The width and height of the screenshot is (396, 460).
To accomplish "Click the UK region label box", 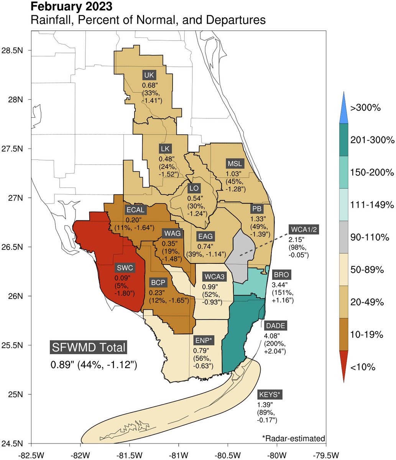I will pyautogui.click(x=149, y=75).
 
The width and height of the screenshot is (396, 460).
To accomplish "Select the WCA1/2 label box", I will pyautogui.click(x=303, y=230).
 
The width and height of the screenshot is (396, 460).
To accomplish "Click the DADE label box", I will pyautogui.click(x=275, y=326).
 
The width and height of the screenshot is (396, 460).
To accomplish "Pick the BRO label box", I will pyautogui.click(x=281, y=275).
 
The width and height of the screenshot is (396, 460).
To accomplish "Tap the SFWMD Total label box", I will pyautogui.click(x=89, y=347).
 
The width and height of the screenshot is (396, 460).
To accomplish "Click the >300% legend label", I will pyautogui.click(x=366, y=108).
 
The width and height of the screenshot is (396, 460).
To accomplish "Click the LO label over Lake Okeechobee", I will pyautogui.click(x=193, y=189).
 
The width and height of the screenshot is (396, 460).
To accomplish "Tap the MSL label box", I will pyautogui.click(x=234, y=164).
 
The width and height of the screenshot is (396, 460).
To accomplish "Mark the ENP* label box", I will pyautogui.click(x=203, y=340).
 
